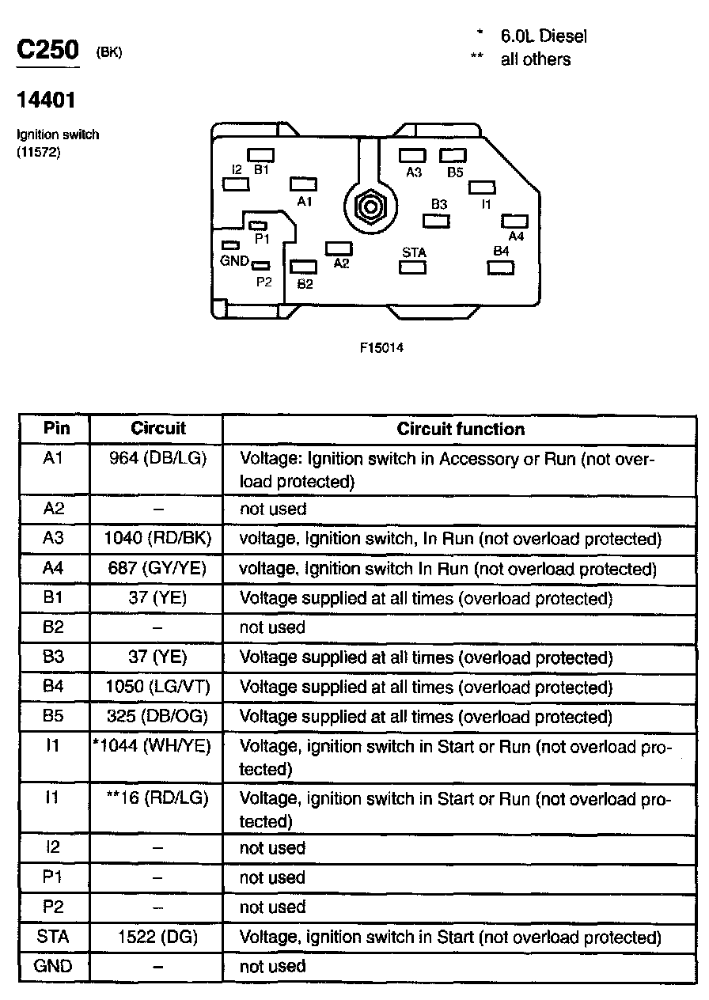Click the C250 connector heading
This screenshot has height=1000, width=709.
click(48, 51)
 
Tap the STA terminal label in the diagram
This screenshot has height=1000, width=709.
click(414, 252)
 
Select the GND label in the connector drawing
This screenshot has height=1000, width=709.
click(234, 260)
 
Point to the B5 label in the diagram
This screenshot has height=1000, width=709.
click(455, 172)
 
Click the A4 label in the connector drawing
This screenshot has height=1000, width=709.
click(516, 236)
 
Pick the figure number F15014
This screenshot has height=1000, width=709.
click(381, 347)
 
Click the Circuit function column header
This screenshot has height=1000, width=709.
click(461, 429)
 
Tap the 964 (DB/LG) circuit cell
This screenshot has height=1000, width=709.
click(157, 459)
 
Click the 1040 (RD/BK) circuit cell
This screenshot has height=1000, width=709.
click(157, 539)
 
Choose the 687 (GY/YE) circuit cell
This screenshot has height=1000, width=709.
click(157, 569)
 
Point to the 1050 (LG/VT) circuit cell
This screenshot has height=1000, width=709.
click(157, 687)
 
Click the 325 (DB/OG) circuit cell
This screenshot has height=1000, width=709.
click(157, 717)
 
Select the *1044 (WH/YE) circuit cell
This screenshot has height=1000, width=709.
click(152, 746)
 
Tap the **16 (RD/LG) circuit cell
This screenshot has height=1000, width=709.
click(157, 798)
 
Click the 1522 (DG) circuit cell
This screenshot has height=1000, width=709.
click(157, 937)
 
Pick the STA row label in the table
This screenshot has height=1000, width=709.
click(54, 937)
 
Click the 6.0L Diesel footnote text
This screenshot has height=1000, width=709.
click(543, 36)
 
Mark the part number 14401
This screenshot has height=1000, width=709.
click(47, 100)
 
